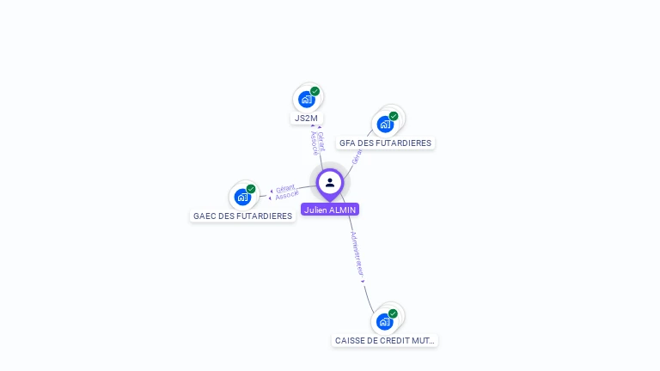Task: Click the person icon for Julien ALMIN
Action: (x=330, y=182)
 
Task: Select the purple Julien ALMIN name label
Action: (x=330, y=210)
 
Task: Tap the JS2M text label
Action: (x=306, y=119)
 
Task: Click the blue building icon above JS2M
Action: (x=306, y=100)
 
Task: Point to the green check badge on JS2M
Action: (x=315, y=91)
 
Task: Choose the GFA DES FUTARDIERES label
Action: (x=385, y=143)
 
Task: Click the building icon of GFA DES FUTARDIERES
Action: (x=385, y=125)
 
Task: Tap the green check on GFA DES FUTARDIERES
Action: (x=394, y=116)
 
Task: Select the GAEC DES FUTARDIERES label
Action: (x=242, y=216)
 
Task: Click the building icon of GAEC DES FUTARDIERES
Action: (x=242, y=198)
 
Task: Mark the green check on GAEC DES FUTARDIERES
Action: (x=251, y=189)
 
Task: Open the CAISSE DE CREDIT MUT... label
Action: (x=385, y=341)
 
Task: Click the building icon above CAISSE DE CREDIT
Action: (x=384, y=322)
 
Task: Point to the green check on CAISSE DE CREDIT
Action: (x=393, y=313)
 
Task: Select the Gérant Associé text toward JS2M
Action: (x=316, y=143)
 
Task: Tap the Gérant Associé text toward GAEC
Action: (x=286, y=192)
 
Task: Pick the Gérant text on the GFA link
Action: (x=356, y=155)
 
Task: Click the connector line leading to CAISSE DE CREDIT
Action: (x=367, y=296)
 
